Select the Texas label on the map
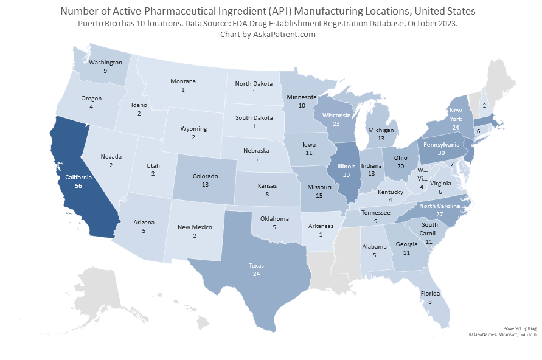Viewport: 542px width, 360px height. pyautogui.click(x=256, y=265)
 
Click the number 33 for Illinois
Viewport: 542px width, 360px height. pyautogui.click(x=346, y=175)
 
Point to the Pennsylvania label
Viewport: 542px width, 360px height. pyautogui.click(x=442, y=145)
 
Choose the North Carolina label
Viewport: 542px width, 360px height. pyautogui.click(x=440, y=206)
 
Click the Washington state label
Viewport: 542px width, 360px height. pyautogui.click(x=105, y=62)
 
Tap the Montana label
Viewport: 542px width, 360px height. pyautogui.click(x=182, y=81)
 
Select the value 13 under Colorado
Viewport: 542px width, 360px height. pyautogui.click(x=205, y=184)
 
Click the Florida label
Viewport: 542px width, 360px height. pyautogui.click(x=429, y=292)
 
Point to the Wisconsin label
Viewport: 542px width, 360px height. pyautogui.click(x=336, y=116)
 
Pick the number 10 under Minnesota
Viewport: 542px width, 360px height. pyautogui.click(x=302, y=105)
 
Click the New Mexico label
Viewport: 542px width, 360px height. pyautogui.click(x=195, y=227)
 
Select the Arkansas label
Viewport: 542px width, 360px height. pyautogui.click(x=320, y=226)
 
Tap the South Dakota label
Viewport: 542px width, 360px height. pyautogui.click(x=254, y=117)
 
